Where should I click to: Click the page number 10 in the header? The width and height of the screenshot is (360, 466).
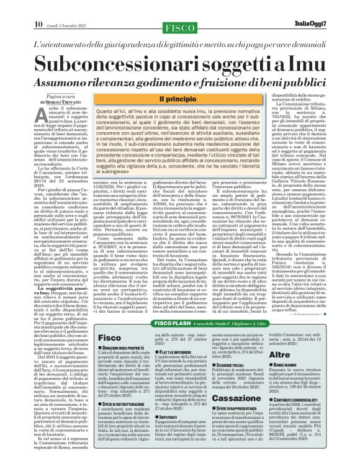[38, 7]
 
